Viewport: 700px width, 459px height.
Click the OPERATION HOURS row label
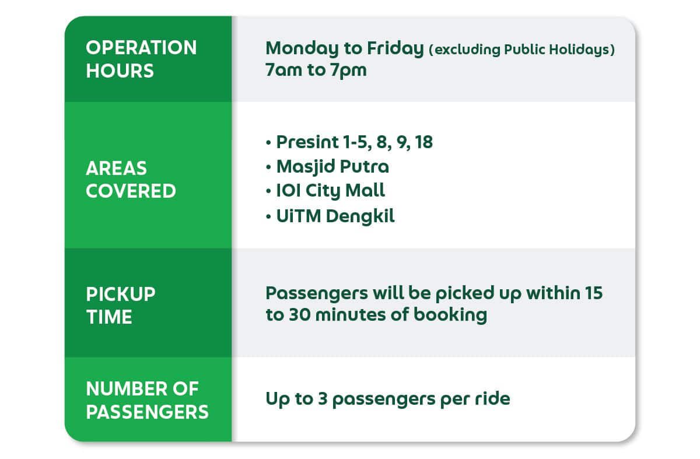141,59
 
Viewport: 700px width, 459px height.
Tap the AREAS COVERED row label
131,180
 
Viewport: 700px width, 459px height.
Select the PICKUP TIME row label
121,306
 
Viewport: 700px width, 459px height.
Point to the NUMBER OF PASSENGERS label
147,400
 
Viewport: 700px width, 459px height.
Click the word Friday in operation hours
395,49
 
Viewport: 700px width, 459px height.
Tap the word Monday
302,49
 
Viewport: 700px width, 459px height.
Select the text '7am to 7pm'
316,70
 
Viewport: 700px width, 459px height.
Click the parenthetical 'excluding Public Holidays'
522,50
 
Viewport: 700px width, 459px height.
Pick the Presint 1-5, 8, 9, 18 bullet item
355,142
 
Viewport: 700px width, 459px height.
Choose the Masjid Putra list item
333,167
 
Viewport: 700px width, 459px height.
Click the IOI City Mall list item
331,191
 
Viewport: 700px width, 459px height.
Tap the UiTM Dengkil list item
335,216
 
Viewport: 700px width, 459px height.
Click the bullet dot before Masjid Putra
268,167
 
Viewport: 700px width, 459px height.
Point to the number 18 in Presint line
424,142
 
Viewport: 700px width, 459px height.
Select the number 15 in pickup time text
594,293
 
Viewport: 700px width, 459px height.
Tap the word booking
450,315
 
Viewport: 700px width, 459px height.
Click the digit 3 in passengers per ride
323,399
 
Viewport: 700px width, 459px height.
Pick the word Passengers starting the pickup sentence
317,294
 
